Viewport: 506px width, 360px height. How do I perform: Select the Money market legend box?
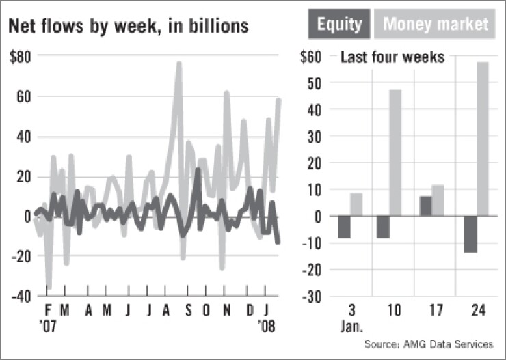pos(436,25)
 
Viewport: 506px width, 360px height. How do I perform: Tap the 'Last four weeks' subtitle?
pos(392,58)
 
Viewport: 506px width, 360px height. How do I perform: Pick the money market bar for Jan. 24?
pos(482,139)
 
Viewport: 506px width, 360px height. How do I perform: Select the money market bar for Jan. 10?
pos(396,153)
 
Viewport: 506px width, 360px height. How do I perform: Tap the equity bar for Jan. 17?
pos(425,206)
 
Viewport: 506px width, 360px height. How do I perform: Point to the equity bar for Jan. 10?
pos(383,227)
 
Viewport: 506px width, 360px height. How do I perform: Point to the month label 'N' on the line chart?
pos(227,311)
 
